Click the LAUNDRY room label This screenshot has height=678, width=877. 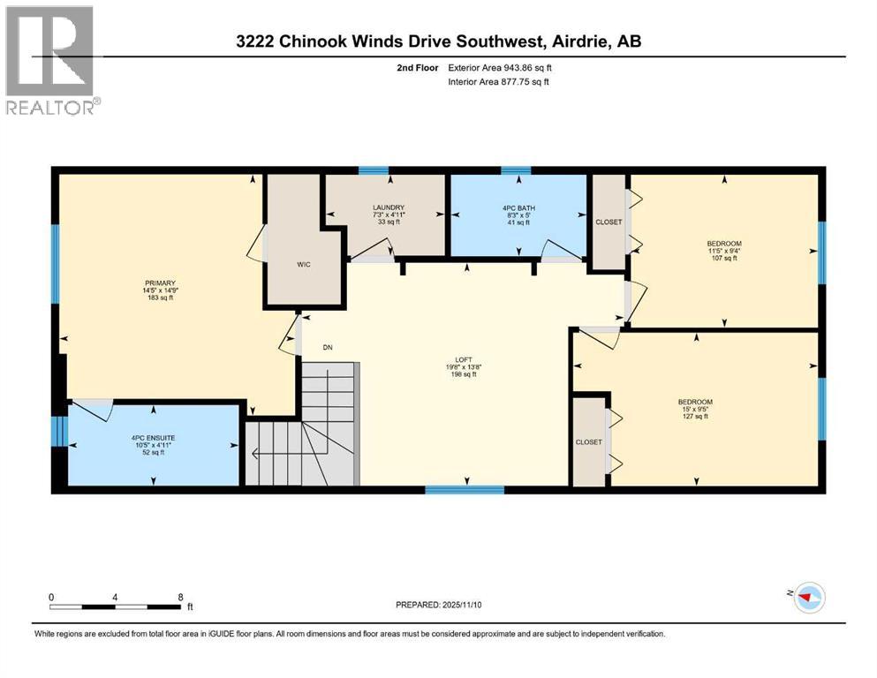click(x=389, y=208)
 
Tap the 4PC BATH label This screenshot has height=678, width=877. click(x=519, y=208)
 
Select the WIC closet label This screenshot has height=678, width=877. click(x=303, y=264)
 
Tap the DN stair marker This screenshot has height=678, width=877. click(x=327, y=347)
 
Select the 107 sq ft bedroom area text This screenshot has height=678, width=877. click(x=723, y=259)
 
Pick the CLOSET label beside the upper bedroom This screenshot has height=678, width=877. click(x=608, y=222)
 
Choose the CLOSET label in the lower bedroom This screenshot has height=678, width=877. click(x=588, y=441)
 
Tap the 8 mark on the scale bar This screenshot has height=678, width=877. click(x=181, y=596)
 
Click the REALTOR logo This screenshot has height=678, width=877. click(x=50, y=60)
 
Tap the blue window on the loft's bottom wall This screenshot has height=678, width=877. click(x=465, y=488)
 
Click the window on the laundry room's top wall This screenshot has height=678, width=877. click(x=374, y=170)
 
